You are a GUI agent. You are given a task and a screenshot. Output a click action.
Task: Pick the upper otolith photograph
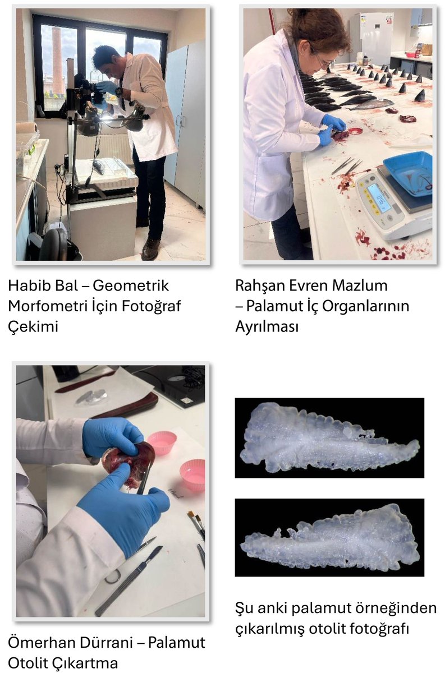(x=329, y=437)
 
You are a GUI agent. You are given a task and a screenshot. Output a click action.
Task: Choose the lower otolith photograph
(x=329, y=537)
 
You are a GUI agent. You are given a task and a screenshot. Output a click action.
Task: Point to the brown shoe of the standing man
(x=150, y=248)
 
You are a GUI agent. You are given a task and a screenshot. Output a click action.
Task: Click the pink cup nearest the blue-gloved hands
(x=162, y=442)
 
